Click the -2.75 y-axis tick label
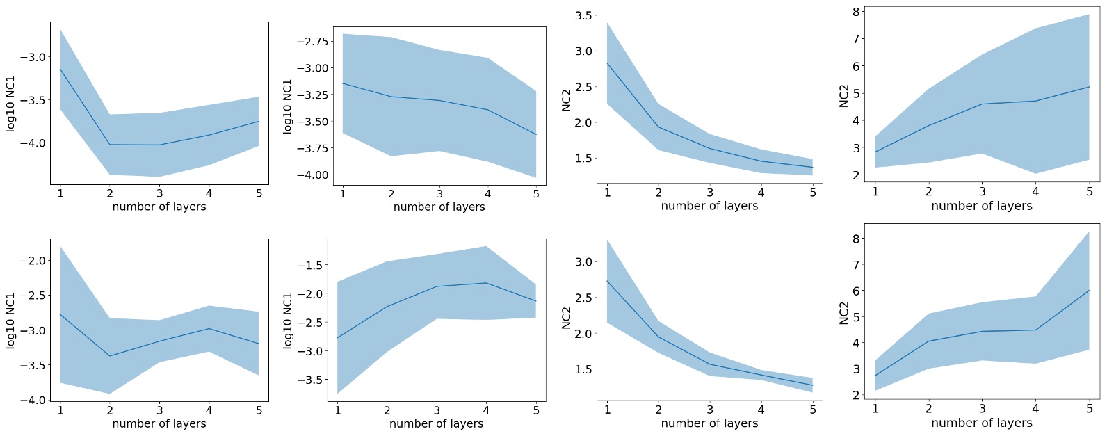312,42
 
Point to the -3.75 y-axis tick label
312,148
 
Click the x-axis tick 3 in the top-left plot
159,193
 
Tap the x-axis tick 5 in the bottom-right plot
1089,409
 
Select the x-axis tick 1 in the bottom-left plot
60,410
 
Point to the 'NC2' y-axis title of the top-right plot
844,95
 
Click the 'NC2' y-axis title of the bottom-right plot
844,313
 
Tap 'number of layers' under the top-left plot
159,207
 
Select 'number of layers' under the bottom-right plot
981,423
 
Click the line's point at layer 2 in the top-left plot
110,145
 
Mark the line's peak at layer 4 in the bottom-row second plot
487,283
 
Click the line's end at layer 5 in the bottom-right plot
1089,291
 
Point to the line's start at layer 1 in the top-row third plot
607,63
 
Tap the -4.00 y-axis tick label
312,175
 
